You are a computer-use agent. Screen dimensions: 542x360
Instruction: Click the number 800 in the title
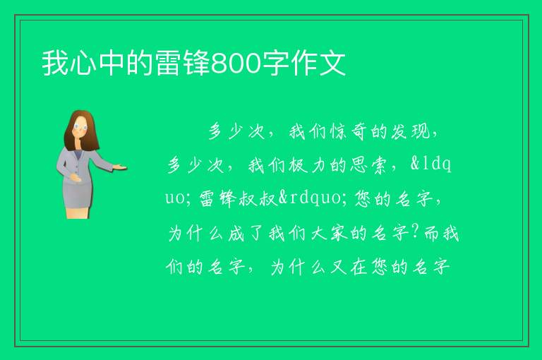[x=236, y=64]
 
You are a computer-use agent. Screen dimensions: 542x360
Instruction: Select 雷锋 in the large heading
[x=183, y=63]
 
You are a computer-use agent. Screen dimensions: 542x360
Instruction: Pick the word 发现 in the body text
[x=410, y=131]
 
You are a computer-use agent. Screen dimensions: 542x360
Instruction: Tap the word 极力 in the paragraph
[x=307, y=164]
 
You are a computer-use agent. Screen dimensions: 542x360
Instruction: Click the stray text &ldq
[x=430, y=164]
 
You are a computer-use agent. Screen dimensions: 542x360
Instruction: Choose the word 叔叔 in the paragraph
[x=258, y=198]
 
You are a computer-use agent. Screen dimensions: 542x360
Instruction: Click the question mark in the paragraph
[x=416, y=232]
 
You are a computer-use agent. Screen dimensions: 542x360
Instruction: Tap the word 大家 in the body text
[x=330, y=233]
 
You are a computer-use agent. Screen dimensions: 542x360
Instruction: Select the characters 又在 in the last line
[x=349, y=267]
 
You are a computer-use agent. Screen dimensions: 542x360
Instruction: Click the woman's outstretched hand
[x=120, y=167]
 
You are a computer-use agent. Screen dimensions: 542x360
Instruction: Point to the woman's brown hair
[x=80, y=131]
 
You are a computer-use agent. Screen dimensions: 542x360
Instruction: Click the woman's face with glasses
[x=80, y=127]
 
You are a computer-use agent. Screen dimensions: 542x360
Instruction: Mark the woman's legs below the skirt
[x=78, y=213]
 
